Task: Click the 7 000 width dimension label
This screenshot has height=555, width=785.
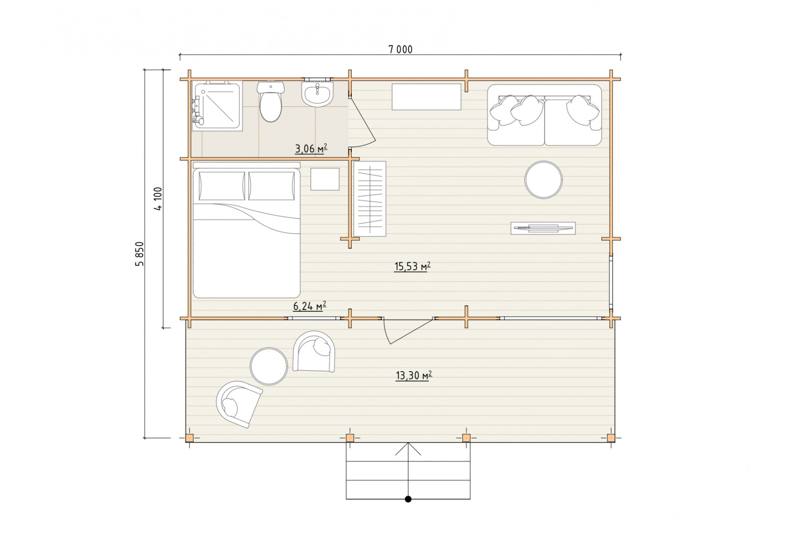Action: [x=400, y=50]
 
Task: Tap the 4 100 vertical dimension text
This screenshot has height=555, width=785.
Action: [x=158, y=199]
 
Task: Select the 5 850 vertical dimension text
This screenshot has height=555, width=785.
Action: [x=139, y=254]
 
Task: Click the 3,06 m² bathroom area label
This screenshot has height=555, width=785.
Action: [x=311, y=149]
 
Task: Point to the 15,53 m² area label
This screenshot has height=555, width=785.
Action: [x=412, y=267]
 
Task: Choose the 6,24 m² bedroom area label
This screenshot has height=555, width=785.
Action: [x=310, y=306]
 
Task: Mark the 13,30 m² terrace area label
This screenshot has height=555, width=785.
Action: [x=414, y=376]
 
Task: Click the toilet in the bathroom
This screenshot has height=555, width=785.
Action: [x=270, y=101]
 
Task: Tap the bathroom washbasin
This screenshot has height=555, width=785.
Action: [x=317, y=94]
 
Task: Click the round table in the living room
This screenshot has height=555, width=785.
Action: [x=544, y=179]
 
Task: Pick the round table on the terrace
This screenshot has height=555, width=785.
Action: [x=269, y=366]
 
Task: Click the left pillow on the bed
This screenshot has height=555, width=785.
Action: [x=222, y=186]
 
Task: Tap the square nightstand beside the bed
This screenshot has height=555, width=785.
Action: [x=325, y=179]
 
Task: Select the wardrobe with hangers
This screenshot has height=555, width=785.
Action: [x=370, y=199]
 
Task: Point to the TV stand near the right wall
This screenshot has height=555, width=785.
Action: [x=543, y=228]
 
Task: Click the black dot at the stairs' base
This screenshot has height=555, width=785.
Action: [x=408, y=499]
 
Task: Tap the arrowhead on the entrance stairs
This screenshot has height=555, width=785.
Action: [x=408, y=444]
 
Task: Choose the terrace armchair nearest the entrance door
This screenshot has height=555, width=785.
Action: [x=314, y=351]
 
